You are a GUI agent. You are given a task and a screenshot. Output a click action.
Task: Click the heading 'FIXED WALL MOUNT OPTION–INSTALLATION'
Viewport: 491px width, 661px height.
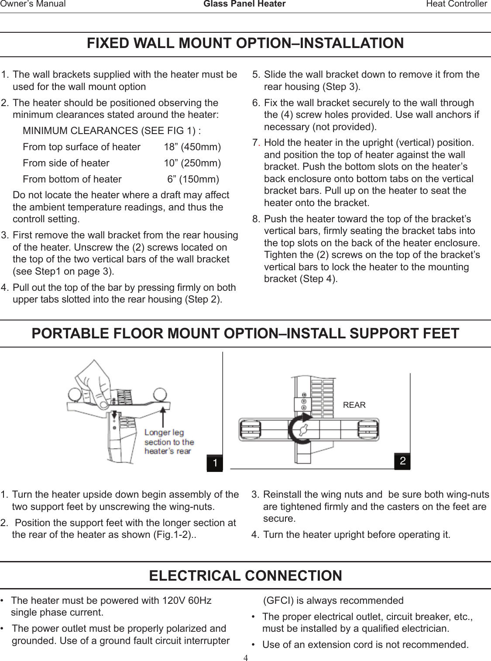245,44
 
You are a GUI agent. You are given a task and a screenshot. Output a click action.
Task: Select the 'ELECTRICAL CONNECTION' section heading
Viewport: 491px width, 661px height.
245,575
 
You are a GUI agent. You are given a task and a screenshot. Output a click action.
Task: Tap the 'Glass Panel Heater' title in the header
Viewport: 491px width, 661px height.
245,4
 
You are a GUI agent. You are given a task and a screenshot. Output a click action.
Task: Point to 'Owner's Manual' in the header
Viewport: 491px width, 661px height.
33,4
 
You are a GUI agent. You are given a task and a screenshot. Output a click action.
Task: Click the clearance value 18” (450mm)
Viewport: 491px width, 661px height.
192,147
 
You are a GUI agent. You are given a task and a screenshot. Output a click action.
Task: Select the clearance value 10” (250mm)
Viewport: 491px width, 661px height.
192,163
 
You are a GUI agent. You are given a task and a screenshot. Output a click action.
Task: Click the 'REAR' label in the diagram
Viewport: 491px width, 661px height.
354,405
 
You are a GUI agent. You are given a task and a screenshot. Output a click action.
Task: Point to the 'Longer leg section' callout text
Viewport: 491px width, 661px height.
169,441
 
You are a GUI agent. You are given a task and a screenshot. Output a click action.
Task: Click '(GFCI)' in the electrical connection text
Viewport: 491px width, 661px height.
278,600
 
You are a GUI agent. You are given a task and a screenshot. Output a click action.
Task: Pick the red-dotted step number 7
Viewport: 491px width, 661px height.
256,143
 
